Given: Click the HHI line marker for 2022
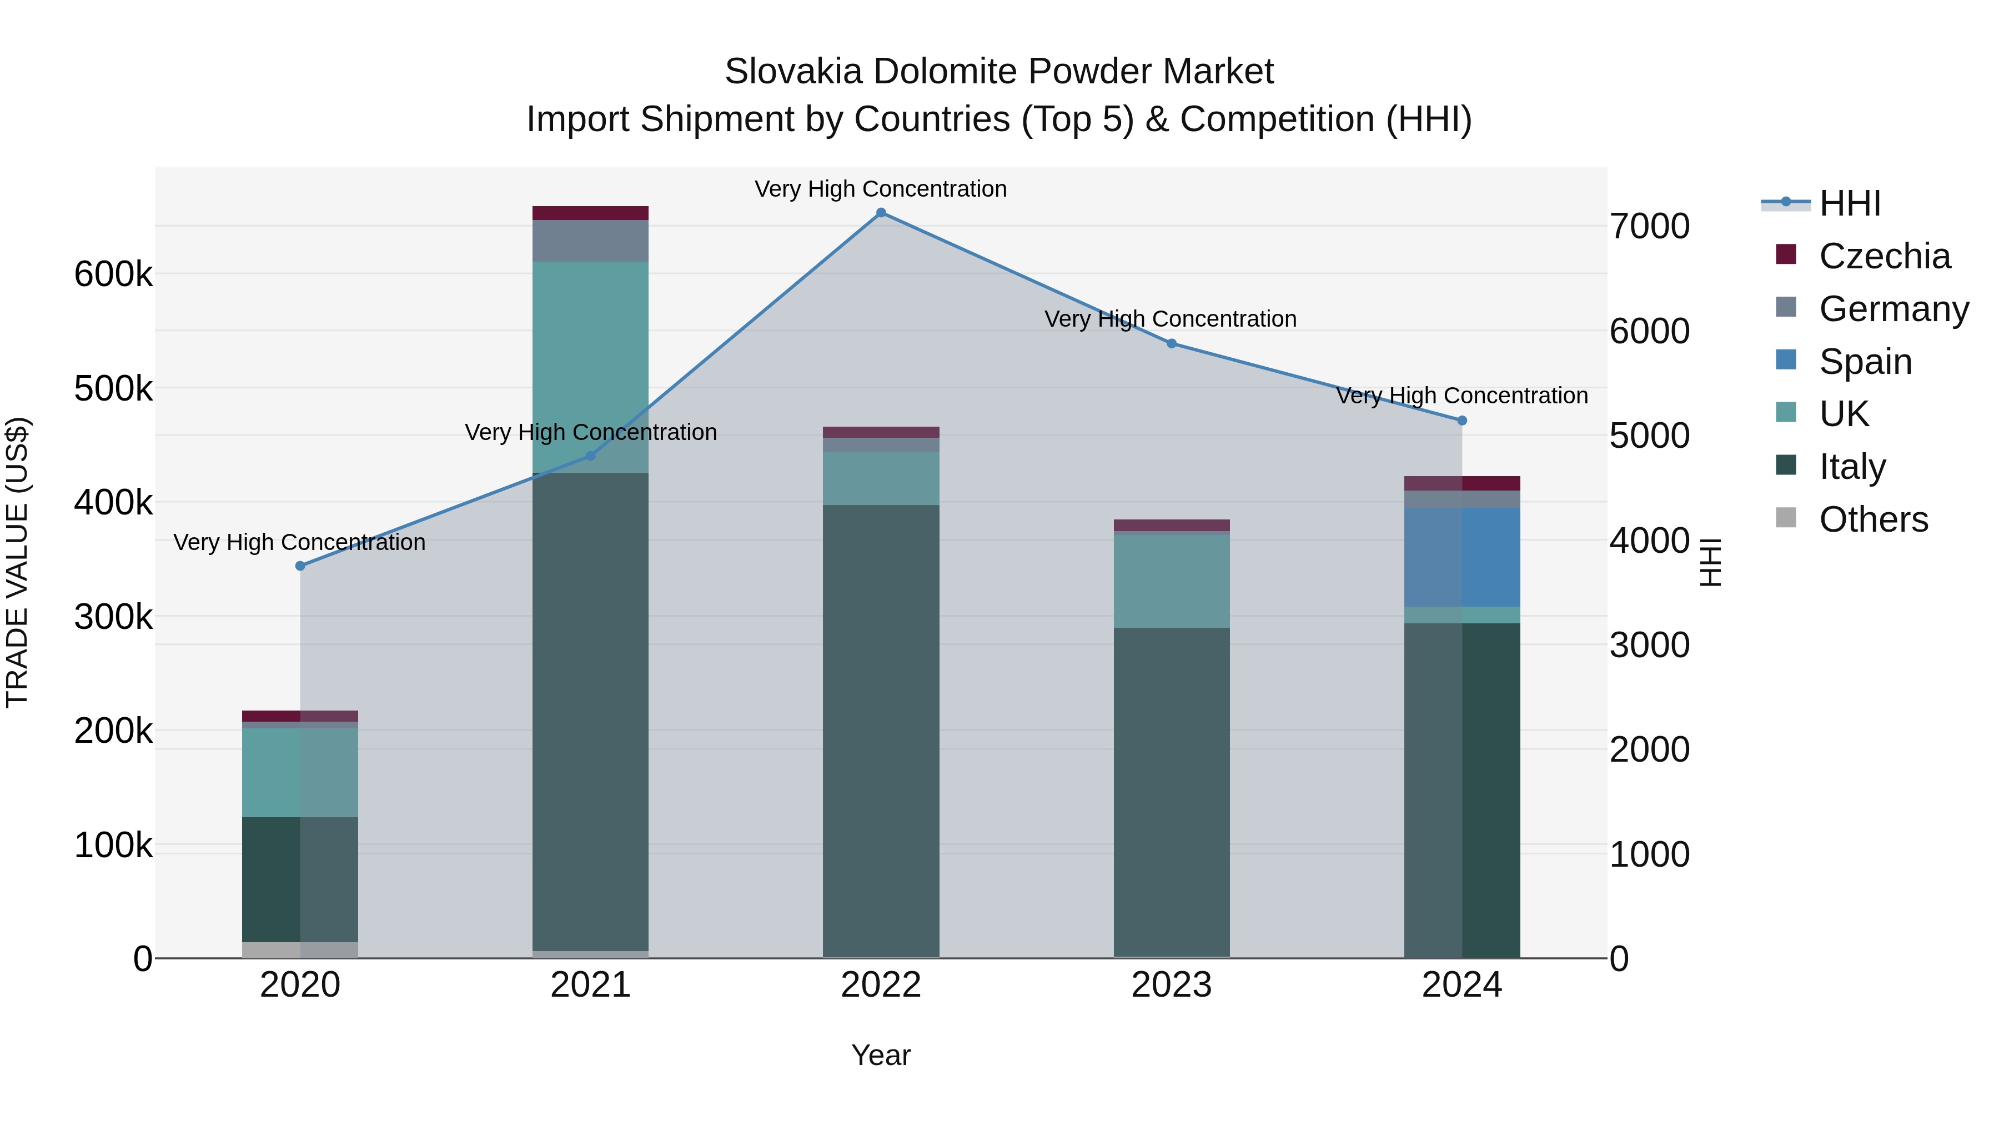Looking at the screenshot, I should pos(881,213).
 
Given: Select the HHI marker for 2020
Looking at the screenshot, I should pos(300,566).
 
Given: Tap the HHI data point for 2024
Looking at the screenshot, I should pos(1462,421).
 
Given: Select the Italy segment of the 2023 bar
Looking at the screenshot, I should pos(1172,792).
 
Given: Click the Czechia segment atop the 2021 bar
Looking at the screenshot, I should pos(591,213).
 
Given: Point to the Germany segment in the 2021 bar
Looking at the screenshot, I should pos(591,241).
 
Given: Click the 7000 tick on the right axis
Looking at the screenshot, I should pos(1649,227).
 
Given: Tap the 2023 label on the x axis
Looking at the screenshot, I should pos(1171,985).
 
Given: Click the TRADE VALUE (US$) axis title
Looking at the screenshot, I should pos(18,562).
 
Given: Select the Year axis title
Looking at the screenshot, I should pos(881,1055).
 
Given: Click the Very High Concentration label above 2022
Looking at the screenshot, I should pos(881,189).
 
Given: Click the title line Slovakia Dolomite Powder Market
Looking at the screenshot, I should pos(999,72).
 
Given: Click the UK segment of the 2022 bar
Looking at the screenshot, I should pos(881,478).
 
